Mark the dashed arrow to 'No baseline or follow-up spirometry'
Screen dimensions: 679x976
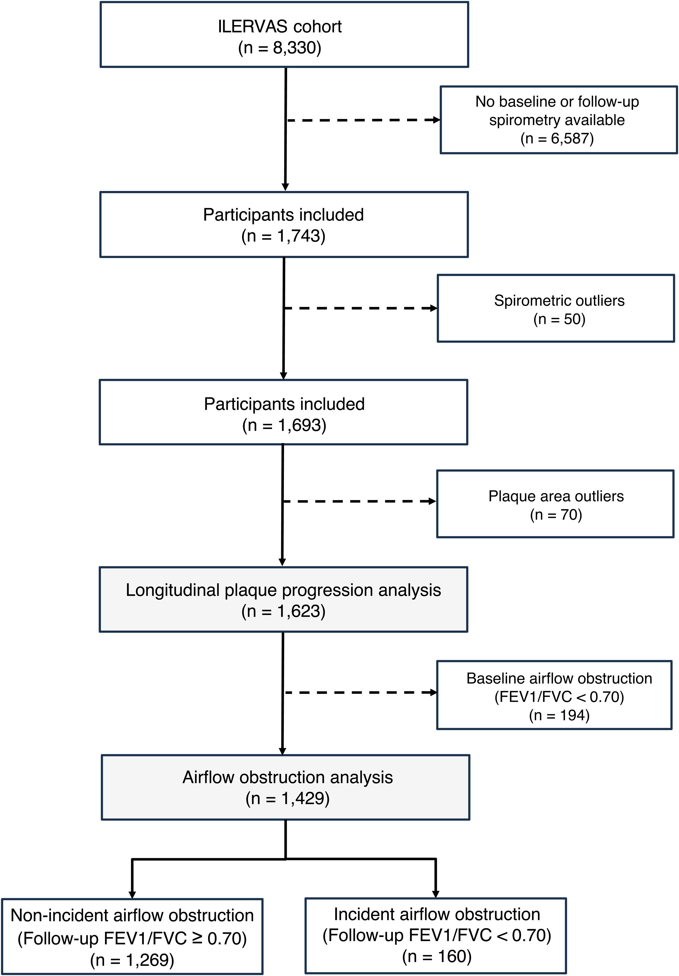[364, 120]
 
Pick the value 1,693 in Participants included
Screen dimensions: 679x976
[299, 425]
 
